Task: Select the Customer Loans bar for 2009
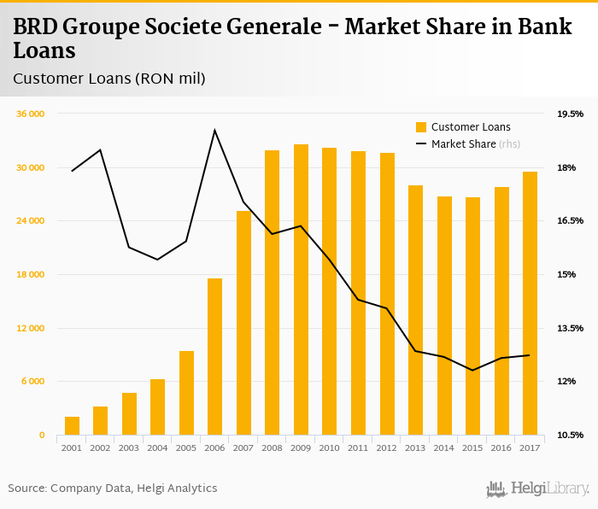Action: pyautogui.click(x=301, y=290)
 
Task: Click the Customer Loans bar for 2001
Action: pyautogui.click(x=72, y=426)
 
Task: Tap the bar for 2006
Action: pyautogui.click(x=215, y=357)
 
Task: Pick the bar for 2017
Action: pyautogui.click(x=530, y=303)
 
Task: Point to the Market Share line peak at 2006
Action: pyautogui.click(x=215, y=130)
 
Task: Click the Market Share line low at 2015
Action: pyautogui.click(x=472, y=370)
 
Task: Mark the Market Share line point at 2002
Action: pyautogui.click(x=101, y=150)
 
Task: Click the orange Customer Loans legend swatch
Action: pyautogui.click(x=420, y=127)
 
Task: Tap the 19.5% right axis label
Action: pyautogui.click(x=570, y=114)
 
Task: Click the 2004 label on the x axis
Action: pyautogui.click(x=158, y=448)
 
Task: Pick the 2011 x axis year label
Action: pyautogui.click(x=358, y=448)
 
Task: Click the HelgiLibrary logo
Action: pyautogui.click(x=538, y=489)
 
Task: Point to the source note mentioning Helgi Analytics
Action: pyautogui.click(x=113, y=489)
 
